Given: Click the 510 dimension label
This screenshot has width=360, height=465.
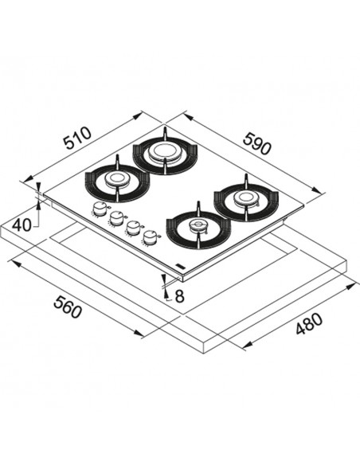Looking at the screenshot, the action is [78, 138].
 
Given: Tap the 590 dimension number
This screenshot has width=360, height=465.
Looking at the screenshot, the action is [256, 144].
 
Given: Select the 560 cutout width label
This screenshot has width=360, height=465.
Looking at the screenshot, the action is [67, 307].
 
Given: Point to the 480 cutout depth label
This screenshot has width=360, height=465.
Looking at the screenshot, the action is [309, 324].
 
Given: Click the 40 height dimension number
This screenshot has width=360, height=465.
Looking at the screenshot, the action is [22, 225].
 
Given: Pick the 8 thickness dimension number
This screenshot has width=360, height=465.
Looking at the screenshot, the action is [180, 296].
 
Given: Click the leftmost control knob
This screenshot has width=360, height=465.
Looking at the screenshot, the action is [100, 209].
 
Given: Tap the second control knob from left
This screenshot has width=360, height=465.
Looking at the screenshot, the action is [116, 218].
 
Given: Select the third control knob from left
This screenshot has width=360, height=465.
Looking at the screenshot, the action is [132, 228].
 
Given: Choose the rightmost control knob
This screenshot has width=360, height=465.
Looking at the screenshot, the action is [150, 237].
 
